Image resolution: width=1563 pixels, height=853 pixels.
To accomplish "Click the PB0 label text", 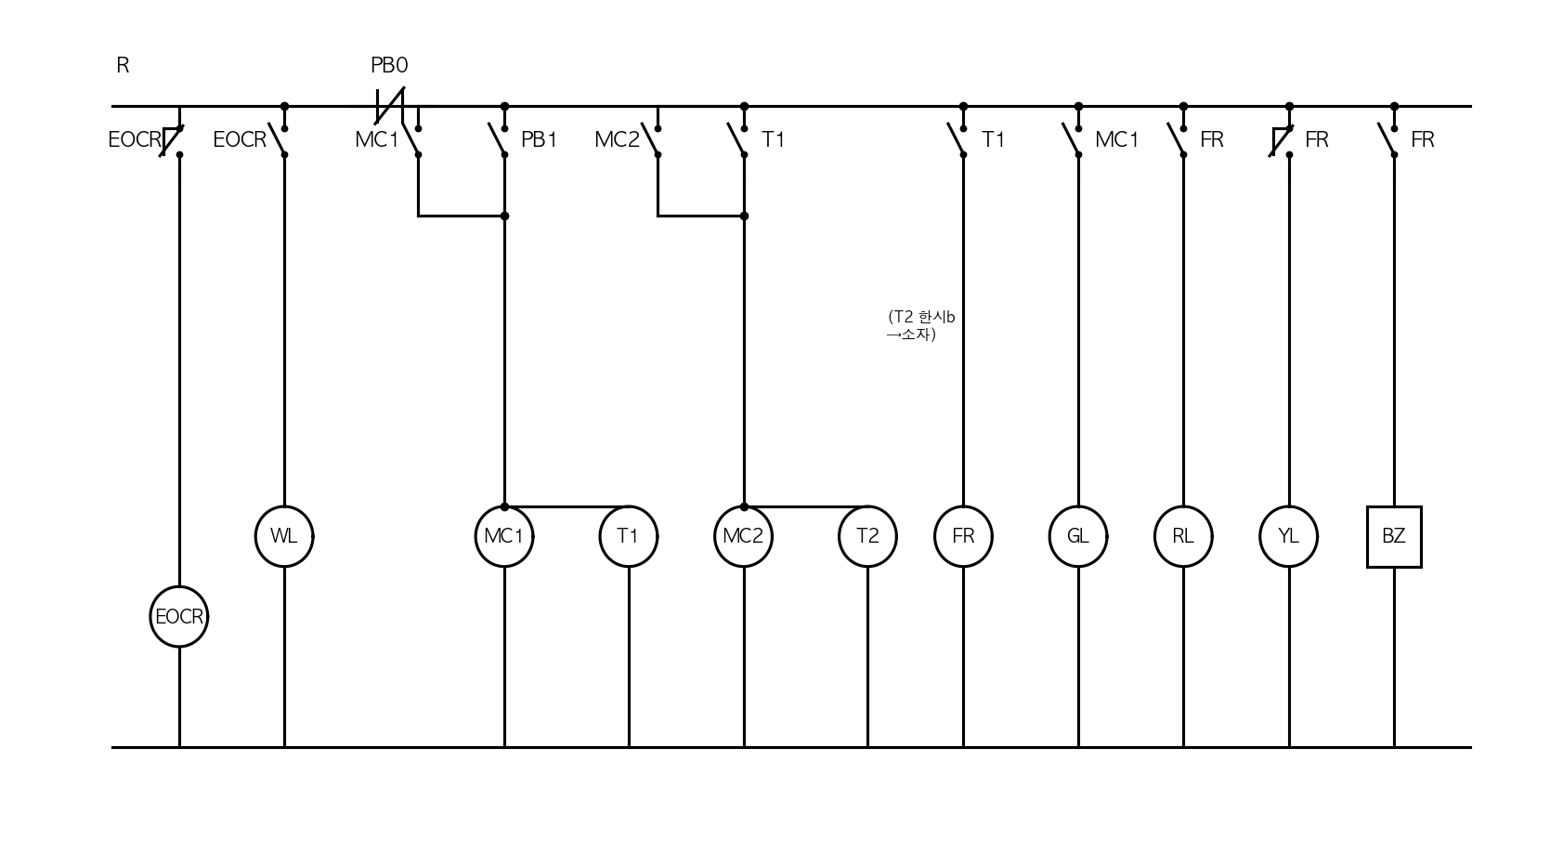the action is [x=388, y=65].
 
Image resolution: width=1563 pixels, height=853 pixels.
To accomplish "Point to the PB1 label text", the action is [x=540, y=139].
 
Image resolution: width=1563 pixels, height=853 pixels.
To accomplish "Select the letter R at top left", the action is [x=123, y=65].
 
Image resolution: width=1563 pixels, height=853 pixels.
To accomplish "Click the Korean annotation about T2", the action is [x=921, y=325].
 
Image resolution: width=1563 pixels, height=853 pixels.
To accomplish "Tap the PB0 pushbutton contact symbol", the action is [x=390, y=106].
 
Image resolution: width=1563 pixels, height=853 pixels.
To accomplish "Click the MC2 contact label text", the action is [x=617, y=139].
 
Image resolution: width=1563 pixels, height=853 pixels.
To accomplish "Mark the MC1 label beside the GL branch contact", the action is [x=1116, y=139].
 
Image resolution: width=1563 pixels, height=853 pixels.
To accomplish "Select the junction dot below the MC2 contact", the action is [x=744, y=216].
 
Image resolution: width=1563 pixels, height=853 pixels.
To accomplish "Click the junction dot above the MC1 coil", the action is [x=504, y=506].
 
